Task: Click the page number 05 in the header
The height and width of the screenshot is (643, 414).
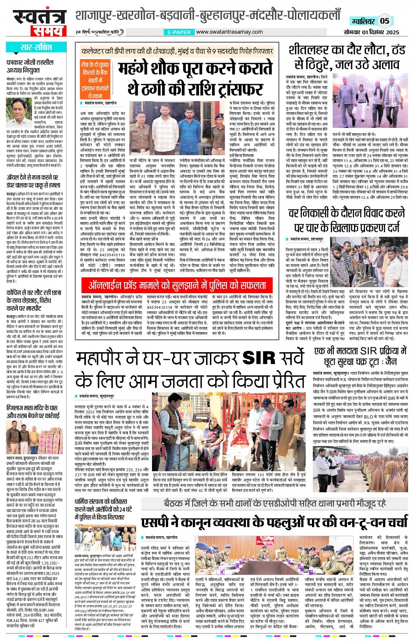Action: [384, 21]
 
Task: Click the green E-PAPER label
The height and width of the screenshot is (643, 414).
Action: [179, 32]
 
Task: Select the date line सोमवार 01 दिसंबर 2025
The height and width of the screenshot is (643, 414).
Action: [371, 32]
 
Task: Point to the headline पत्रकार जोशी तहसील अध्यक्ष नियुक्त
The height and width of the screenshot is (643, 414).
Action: [30, 66]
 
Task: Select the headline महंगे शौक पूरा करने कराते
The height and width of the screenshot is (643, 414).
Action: [195, 69]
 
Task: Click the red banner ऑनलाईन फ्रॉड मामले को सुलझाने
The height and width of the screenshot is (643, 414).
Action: [177, 286]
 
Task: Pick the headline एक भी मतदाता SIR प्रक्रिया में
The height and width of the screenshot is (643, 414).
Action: [361, 351]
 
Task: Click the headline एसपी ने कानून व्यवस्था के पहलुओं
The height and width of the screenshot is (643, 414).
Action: [274, 522]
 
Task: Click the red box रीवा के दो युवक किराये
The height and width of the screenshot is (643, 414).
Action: [95, 80]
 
